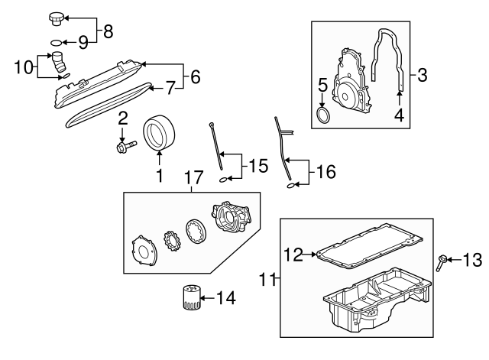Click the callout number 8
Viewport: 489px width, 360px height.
[108, 31]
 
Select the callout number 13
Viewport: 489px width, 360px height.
[473, 261]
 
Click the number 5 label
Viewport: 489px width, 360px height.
[322, 85]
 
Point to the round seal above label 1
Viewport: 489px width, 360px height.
[160, 131]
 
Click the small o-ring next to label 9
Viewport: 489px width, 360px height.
[57, 43]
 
